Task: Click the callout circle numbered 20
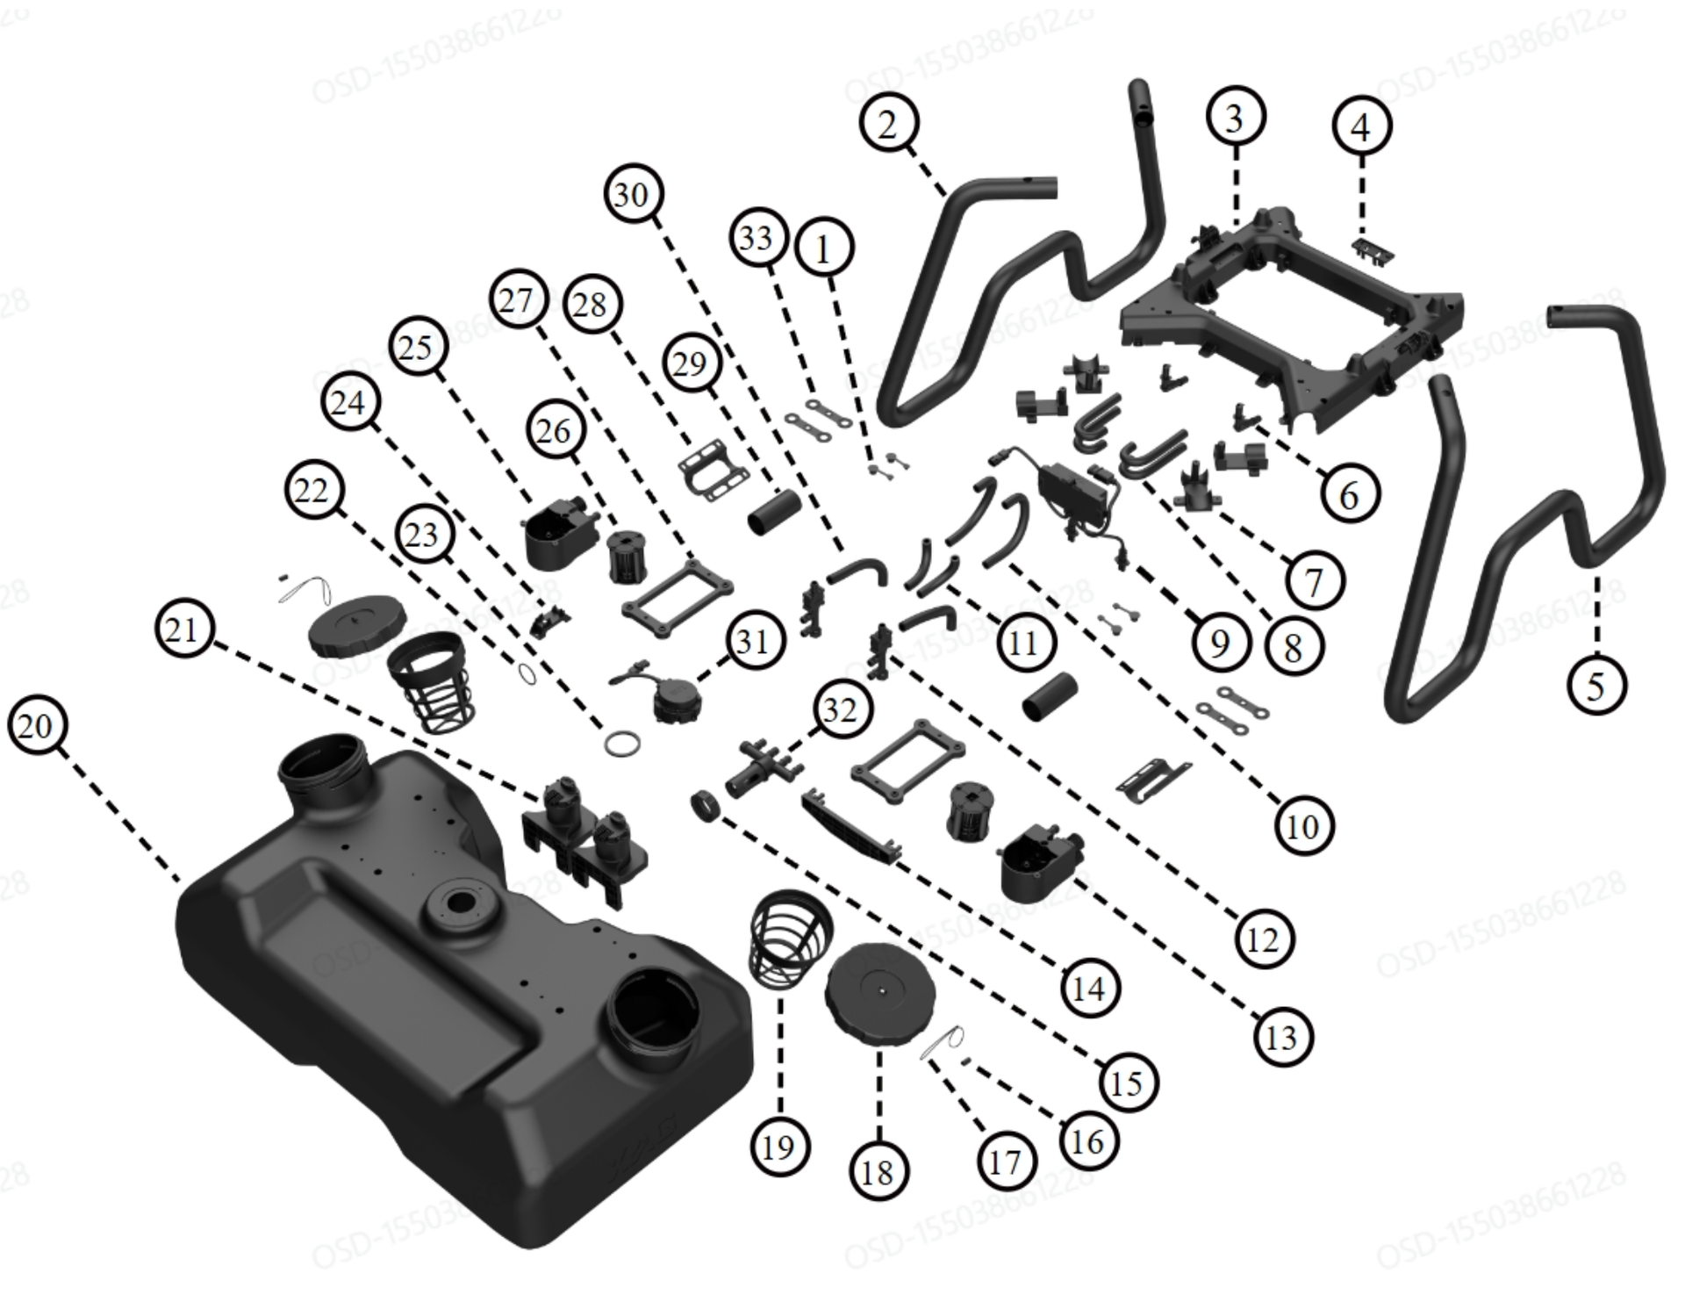pos(36,727)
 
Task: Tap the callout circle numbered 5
pos(1596,685)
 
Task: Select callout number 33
pos(756,238)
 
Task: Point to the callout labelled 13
pos(1281,1037)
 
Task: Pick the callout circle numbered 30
pos(633,193)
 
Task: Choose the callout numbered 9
pos(1221,644)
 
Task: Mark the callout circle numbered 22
pos(312,490)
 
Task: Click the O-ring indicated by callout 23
pos(622,744)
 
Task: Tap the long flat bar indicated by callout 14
pos(850,827)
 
